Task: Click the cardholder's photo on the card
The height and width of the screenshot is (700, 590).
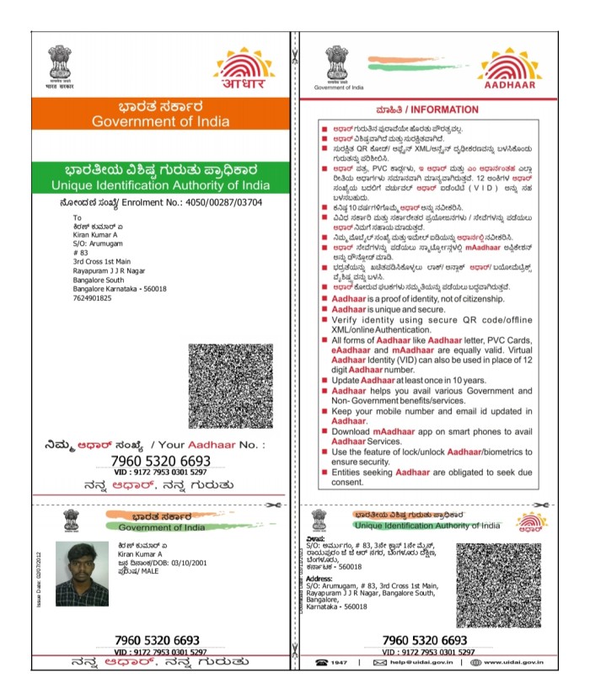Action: (x=82, y=574)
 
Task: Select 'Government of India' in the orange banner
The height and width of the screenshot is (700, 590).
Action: (x=160, y=121)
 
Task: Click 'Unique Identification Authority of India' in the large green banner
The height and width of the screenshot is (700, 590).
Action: (x=159, y=184)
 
